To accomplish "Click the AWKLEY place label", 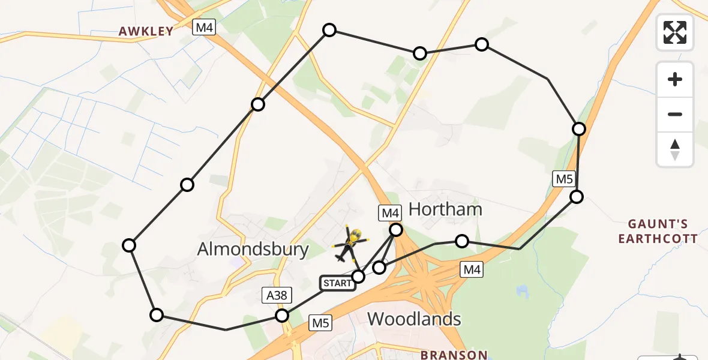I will point(146,31).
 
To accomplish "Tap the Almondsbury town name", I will point(253,249).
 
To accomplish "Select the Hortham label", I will point(445,209).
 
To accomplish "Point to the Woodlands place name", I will point(414,319).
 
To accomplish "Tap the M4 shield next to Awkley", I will point(203,27).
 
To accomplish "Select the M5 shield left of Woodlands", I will point(320,323).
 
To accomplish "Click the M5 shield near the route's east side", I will point(564,178).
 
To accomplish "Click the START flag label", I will point(338,283).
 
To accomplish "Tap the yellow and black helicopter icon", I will point(349,243).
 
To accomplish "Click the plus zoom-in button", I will point(675,79).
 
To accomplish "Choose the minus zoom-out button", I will point(675,114).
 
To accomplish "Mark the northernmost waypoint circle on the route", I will point(329,30).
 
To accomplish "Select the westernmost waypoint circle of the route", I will point(129,245).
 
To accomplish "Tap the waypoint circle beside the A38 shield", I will point(281,316).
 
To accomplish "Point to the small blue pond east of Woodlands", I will point(521,292).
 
